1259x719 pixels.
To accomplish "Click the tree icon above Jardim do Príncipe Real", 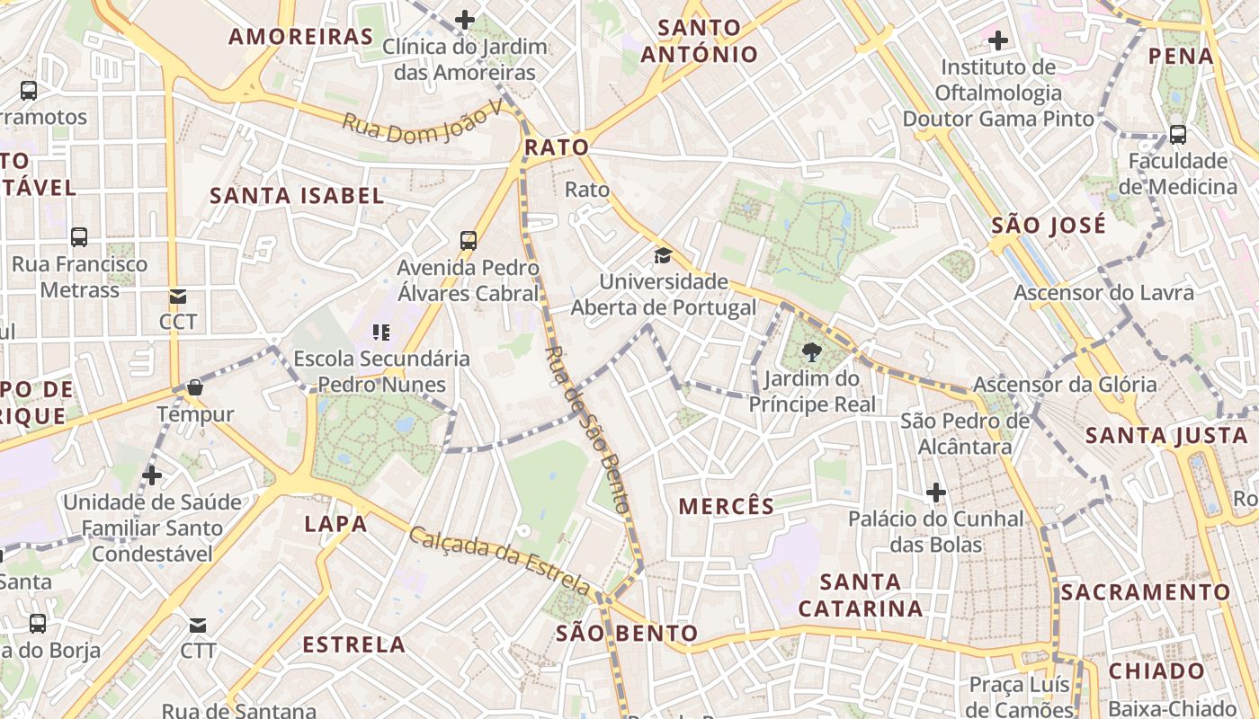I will pos(812,351).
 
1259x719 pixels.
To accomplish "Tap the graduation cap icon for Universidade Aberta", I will pos(663,255).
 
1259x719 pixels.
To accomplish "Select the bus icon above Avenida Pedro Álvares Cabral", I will pos(468,240).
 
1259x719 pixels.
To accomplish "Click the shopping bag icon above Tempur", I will pos(194,387).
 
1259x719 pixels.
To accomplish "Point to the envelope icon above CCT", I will pos(177,296).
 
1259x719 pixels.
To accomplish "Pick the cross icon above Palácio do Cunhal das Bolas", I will pos(936,493).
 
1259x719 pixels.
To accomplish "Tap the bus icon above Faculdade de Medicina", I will pos(1177,135).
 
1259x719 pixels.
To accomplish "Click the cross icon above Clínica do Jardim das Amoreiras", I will pos(464,19).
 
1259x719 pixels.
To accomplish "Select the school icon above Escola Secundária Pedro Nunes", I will pos(381,333).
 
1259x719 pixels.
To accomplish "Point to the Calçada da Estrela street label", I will pos(500,562).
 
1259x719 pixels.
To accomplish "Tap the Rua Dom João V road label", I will pos(423,122).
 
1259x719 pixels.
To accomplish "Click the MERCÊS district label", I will pos(727,506).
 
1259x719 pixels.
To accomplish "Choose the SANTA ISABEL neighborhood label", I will pos(297,195).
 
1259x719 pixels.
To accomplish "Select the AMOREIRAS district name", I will pos(300,37).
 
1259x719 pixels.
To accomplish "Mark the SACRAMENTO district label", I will pos(1145,592).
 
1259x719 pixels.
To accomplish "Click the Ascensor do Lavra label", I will pos(1103,292).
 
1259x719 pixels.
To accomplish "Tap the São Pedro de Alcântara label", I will pos(965,433).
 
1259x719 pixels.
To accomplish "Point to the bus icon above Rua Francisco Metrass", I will pos(79,237).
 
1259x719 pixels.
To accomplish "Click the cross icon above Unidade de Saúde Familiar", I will pos(152,475).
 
